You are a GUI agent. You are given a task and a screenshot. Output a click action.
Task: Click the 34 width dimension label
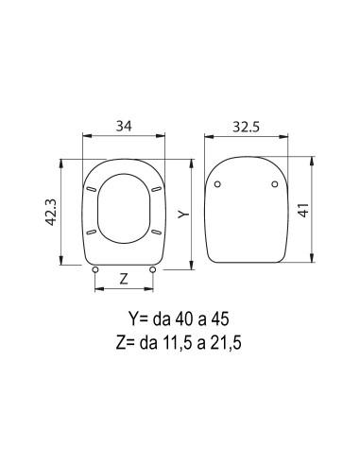click(x=124, y=126)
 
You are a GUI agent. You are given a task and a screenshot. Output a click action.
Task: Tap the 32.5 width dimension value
click(x=246, y=127)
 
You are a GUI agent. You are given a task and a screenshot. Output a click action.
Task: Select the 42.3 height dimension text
click(x=51, y=212)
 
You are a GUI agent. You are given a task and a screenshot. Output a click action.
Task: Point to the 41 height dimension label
click(x=303, y=210)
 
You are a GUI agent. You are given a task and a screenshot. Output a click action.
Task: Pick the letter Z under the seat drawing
click(x=124, y=279)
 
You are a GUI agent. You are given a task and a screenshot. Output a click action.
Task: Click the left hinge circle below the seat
click(x=95, y=269)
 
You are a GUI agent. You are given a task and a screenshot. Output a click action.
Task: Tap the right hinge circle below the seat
click(x=152, y=269)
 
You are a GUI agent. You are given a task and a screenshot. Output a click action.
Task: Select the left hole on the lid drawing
click(x=217, y=184)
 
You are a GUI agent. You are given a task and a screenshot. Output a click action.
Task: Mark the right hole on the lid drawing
click(x=275, y=184)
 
